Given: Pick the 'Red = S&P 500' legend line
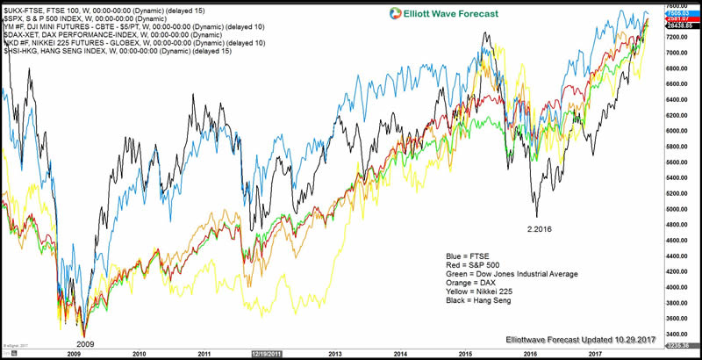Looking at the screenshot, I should (x=476, y=265).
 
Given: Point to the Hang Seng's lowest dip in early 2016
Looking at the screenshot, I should (x=536, y=215).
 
